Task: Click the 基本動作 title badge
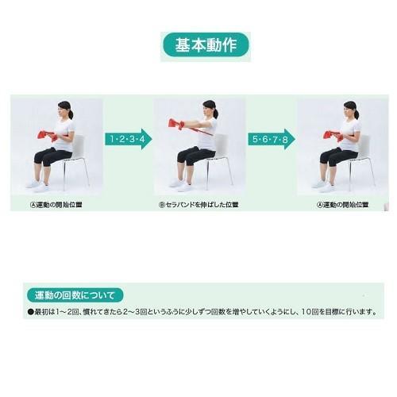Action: coord(206,45)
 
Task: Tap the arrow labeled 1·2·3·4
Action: coord(129,139)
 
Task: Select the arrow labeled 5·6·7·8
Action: coord(272,139)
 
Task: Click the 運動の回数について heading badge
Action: coord(75,295)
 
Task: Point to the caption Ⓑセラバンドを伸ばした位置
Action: coord(198,205)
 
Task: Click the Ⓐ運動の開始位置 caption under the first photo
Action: coord(56,205)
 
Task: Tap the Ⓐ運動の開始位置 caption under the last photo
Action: coord(342,205)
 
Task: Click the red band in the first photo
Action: coord(48,135)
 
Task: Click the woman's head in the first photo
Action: coord(65,110)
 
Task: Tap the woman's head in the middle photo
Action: coord(210,109)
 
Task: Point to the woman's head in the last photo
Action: coord(351,110)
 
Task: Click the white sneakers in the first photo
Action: coord(38,185)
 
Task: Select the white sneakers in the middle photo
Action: coord(181,184)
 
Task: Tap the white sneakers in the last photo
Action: coord(324,185)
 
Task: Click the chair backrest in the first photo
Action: coord(79,145)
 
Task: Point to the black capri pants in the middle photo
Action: coord(195,156)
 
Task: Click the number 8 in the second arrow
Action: coord(285,139)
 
